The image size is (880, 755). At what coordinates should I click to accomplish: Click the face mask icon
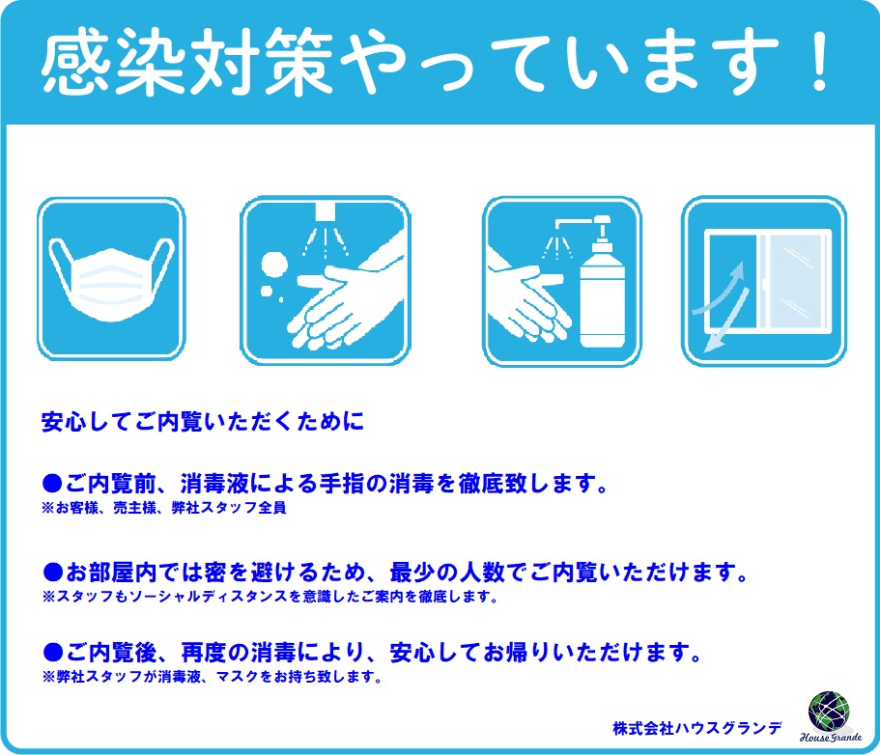tap(111, 279)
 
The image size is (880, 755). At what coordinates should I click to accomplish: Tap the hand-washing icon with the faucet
tap(325, 280)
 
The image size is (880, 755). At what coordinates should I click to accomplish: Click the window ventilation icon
tap(763, 280)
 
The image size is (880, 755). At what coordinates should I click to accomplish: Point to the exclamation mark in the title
tap(820, 61)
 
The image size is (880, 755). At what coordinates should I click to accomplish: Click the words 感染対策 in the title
tap(186, 61)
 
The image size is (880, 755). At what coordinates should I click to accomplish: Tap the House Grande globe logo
tap(829, 712)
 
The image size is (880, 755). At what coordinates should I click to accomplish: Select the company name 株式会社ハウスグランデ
tap(697, 729)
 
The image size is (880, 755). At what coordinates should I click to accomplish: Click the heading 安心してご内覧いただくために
tap(203, 422)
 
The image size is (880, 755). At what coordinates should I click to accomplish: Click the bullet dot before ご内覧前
tap(52, 483)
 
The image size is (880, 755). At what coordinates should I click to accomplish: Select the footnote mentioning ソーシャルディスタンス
tap(270, 597)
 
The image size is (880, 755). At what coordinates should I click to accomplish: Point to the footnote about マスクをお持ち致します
tap(213, 677)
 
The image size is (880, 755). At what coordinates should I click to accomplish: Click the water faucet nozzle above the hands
tap(326, 210)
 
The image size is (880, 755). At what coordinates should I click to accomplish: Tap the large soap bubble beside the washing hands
tap(274, 264)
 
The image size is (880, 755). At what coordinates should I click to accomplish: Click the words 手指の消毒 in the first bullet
tap(376, 483)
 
